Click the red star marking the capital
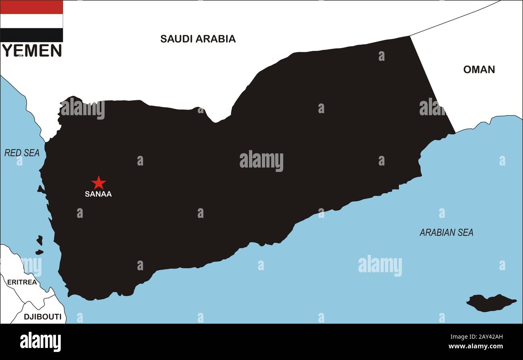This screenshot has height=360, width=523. (x=98, y=183)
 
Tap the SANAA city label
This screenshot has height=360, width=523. (x=98, y=194)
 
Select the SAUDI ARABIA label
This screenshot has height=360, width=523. (x=198, y=39)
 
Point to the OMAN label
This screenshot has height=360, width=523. (x=479, y=69)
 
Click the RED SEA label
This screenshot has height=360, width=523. (x=22, y=153)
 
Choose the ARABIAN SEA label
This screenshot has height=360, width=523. (x=446, y=232)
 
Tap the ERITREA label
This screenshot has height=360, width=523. (x=22, y=282)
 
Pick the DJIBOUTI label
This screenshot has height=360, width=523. (x=43, y=317)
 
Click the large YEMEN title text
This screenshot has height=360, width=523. (x=32, y=51)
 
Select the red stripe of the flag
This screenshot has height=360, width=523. (x=31, y=7)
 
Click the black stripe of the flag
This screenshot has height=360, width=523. (x=31, y=35)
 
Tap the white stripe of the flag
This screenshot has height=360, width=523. (x=31, y=21)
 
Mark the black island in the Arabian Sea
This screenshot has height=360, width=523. (x=490, y=302)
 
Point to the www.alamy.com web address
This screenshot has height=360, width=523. (x=476, y=346)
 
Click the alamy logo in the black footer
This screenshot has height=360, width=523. (x=40, y=341)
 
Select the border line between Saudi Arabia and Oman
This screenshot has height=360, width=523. (x=455, y=18)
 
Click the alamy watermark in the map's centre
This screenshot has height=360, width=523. (x=261, y=161)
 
